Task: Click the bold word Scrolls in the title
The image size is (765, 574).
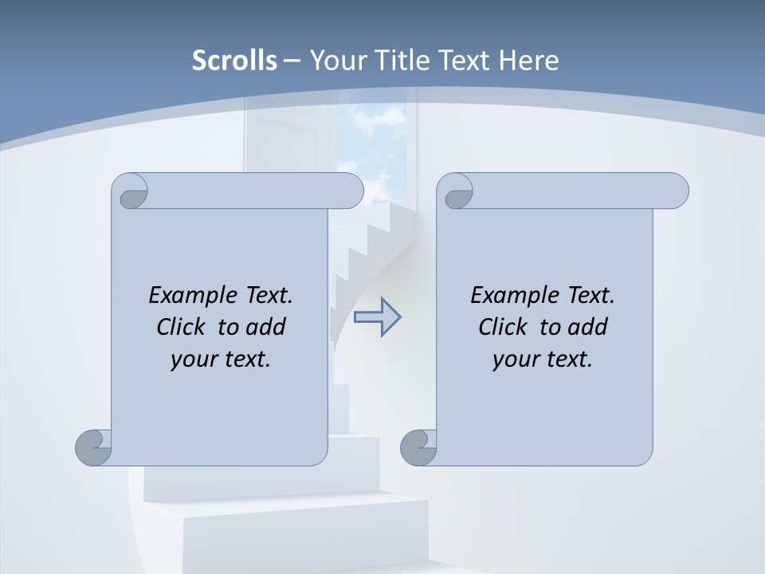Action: pos(235,60)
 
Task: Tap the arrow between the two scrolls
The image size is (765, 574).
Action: pos(377,317)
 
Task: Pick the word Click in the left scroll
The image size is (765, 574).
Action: pos(182,327)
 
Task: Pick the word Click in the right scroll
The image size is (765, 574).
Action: pos(504,327)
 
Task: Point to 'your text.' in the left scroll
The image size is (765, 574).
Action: pos(221,359)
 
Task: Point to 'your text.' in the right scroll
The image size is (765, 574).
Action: pos(543,359)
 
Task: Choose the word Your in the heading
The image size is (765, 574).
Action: pos(335,60)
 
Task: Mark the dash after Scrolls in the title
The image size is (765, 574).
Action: pos(292,61)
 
